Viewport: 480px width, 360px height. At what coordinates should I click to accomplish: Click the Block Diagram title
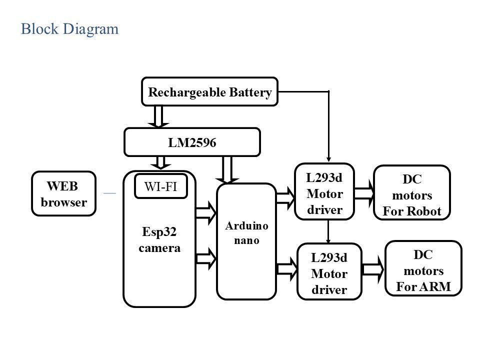[69, 29]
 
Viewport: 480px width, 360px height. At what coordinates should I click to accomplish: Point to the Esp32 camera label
[159, 239]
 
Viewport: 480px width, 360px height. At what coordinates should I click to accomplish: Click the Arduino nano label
[246, 233]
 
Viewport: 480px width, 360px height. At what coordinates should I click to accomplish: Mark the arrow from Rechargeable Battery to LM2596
[158, 116]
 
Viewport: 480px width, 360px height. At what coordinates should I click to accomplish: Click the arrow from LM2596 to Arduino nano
[227, 170]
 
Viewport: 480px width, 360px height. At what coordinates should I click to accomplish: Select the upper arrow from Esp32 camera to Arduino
[206, 213]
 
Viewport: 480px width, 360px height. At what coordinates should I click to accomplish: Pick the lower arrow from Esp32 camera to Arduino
[206, 258]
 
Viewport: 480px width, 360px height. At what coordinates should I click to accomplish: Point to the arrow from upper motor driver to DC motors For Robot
[364, 193]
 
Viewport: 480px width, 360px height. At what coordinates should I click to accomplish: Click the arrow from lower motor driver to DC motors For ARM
[373, 269]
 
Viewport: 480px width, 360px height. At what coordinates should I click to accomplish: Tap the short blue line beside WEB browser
[110, 193]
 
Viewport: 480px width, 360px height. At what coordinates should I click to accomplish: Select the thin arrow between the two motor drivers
[328, 231]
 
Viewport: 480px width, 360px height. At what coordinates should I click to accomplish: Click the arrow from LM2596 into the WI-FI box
[160, 163]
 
